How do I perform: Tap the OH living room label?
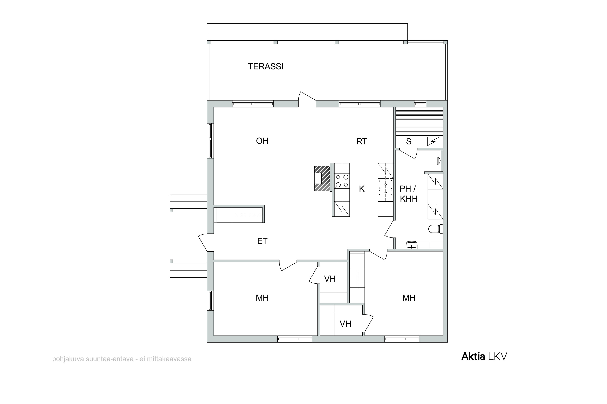(262, 141)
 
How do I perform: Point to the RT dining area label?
(362, 141)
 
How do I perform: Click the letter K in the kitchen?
(362, 189)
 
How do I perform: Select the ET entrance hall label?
(262, 241)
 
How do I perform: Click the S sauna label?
(409, 141)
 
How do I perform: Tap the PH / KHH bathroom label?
(409, 194)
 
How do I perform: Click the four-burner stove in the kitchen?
(342, 181)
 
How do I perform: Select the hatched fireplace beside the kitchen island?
(322, 178)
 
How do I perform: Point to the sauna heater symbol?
(433, 141)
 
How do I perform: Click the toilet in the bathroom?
(436, 229)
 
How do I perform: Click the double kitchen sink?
(386, 187)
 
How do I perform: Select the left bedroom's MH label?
(262, 298)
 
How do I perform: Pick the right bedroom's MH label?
(409, 298)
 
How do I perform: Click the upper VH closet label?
(330, 279)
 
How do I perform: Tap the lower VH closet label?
(345, 324)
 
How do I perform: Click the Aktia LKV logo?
(484, 356)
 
